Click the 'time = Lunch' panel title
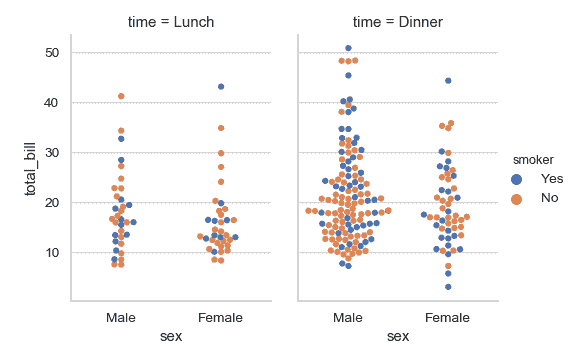point(171,21)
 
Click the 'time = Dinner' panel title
point(398,21)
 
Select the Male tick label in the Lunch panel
point(121,317)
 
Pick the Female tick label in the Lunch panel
point(221,317)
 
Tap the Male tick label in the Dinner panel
point(348,317)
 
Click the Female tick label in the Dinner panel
point(448,317)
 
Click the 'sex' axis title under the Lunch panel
point(171,336)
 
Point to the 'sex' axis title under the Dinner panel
point(398,336)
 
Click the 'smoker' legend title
point(528,159)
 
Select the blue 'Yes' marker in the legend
point(516,178)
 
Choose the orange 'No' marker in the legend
point(516,198)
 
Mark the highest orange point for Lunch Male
point(121,96)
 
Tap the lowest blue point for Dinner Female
point(448,287)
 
